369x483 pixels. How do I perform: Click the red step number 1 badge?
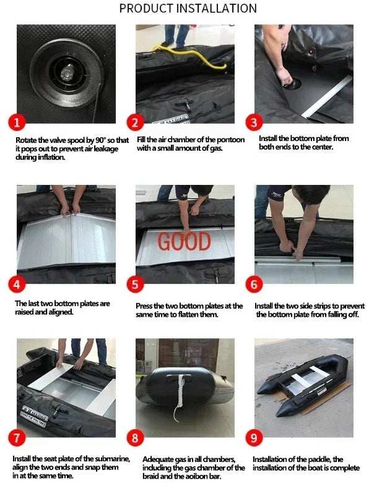(x=17, y=122)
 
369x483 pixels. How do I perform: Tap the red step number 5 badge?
(x=135, y=284)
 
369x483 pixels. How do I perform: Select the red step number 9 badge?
(x=254, y=437)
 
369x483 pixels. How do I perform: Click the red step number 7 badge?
(x=17, y=437)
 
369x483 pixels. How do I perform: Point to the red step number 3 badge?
(x=254, y=122)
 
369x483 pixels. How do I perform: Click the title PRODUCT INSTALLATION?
(x=188, y=8)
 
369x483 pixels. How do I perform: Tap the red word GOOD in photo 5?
(x=184, y=241)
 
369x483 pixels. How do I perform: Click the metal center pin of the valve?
(x=67, y=74)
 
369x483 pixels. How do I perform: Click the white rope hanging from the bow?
(x=180, y=398)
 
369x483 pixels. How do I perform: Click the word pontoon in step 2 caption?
(x=230, y=140)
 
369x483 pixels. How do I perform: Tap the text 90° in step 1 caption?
(x=100, y=140)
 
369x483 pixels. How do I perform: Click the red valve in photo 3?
(x=311, y=51)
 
